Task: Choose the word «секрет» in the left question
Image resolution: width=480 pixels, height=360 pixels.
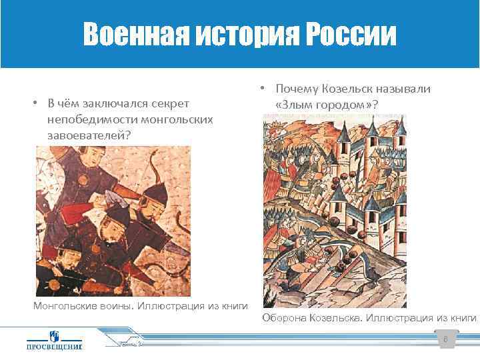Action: [x=171, y=104]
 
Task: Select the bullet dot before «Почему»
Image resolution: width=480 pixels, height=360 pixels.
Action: [x=263, y=89]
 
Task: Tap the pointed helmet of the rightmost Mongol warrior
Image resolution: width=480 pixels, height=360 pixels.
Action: [x=154, y=193]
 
